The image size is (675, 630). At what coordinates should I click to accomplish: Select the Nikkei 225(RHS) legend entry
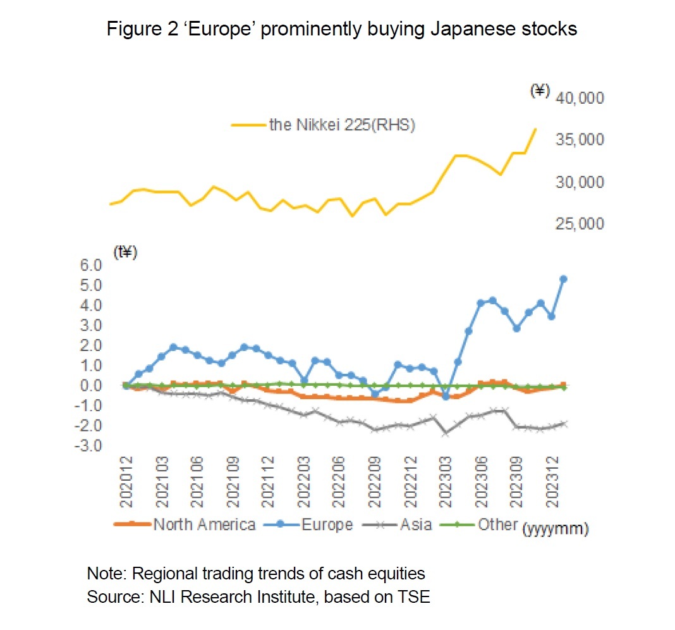point(341,125)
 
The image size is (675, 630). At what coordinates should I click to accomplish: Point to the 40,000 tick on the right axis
point(580,98)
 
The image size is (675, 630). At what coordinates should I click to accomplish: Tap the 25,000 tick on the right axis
point(580,224)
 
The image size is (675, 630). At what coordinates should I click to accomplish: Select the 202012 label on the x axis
point(126,487)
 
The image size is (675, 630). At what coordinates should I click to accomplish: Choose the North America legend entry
point(204,524)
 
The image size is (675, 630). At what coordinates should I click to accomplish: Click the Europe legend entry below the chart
point(326,524)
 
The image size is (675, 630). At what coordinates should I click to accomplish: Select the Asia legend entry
point(415,524)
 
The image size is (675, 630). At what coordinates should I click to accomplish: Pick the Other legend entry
point(498,524)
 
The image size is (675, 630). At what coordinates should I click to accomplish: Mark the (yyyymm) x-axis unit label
point(556,529)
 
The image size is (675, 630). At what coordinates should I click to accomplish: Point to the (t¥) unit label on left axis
point(125,252)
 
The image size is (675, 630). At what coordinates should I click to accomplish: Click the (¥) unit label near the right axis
point(538,91)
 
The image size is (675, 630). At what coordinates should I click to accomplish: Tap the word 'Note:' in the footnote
point(106,574)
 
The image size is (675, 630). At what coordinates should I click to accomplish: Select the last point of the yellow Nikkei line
point(536,129)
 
